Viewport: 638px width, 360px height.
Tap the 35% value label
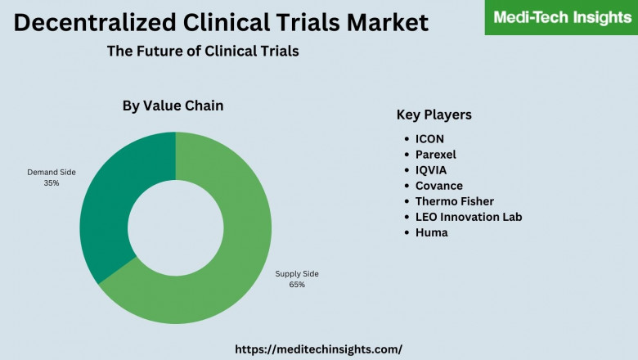point(52,183)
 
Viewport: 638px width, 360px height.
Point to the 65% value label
point(296,285)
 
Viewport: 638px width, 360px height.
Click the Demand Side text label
point(52,173)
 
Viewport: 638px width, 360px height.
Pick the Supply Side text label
point(296,273)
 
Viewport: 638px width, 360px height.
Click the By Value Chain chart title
point(173,106)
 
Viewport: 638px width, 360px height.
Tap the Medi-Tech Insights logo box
point(561,17)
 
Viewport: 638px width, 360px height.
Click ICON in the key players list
point(429,139)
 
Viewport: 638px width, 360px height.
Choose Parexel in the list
point(435,155)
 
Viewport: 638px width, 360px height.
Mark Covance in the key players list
point(438,186)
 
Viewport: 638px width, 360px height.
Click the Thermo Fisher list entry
point(454,201)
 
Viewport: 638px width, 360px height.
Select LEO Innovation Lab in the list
point(468,217)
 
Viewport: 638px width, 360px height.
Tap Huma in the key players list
point(431,232)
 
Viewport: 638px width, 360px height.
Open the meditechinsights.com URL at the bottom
point(318,349)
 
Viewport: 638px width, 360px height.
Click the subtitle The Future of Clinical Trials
point(203,51)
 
